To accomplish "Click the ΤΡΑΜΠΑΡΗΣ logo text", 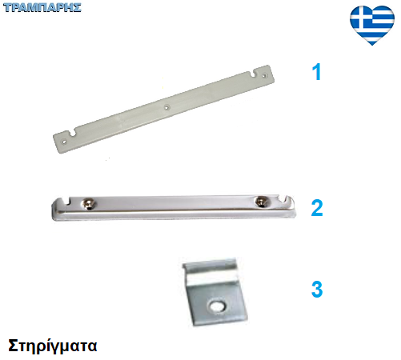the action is (x=42, y=7).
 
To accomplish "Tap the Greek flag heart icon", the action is (x=372, y=25).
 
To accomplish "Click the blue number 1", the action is (x=317, y=72).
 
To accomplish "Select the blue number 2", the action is (x=317, y=208).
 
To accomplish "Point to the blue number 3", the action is (x=317, y=289).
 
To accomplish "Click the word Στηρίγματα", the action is (x=53, y=346).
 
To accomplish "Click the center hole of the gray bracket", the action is (x=166, y=107).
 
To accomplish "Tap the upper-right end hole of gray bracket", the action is (x=264, y=76).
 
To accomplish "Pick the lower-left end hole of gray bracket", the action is (x=64, y=142).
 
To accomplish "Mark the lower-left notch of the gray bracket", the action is (x=73, y=132).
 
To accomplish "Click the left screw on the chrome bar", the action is (x=88, y=204).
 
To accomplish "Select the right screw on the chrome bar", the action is (x=261, y=201).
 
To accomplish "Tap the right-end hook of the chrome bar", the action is (x=290, y=199).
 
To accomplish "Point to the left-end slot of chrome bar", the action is (x=67, y=202).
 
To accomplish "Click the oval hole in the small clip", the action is (x=217, y=306).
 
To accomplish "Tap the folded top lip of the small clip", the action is (x=210, y=266).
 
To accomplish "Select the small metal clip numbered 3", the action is (x=215, y=292).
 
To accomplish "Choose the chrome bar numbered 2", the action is (x=174, y=208).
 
